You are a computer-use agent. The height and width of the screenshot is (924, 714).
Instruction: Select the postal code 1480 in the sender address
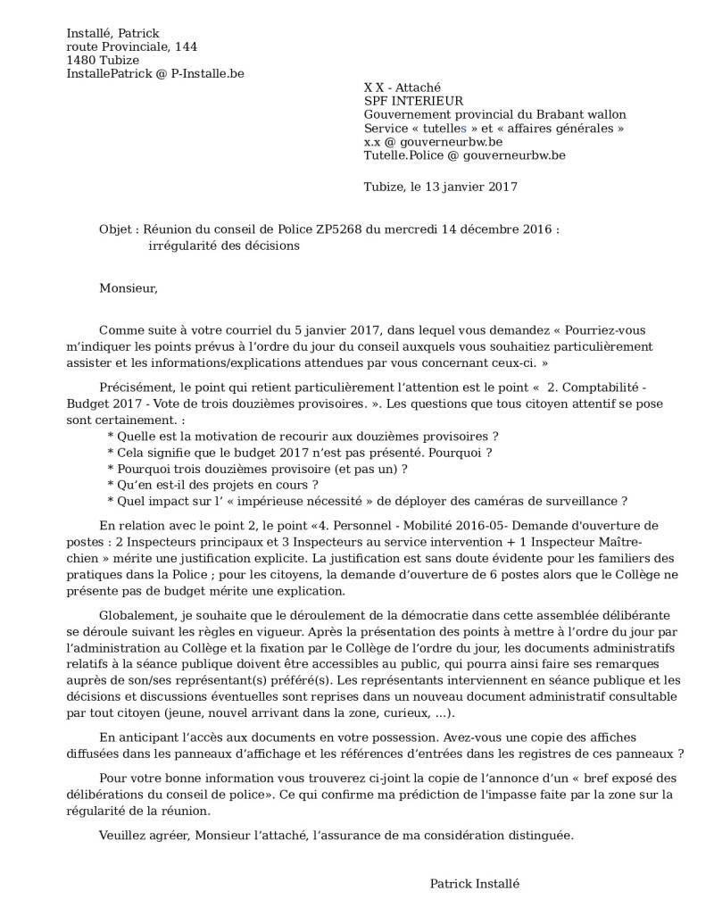coord(80,60)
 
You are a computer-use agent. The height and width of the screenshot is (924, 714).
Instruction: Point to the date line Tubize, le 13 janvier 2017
coord(440,187)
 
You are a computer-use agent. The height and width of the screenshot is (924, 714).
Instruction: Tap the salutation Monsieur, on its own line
coord(129,288)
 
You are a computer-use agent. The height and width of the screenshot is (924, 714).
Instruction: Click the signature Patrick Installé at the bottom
coord(474,883)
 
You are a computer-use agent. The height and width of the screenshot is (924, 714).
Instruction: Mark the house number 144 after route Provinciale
coord(186,46)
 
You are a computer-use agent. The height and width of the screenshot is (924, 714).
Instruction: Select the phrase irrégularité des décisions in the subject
coord(224,246)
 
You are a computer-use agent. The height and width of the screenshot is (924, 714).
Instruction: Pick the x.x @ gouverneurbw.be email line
coord(432,141)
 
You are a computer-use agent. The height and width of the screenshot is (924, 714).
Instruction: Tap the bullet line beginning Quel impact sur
coord(367,500)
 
